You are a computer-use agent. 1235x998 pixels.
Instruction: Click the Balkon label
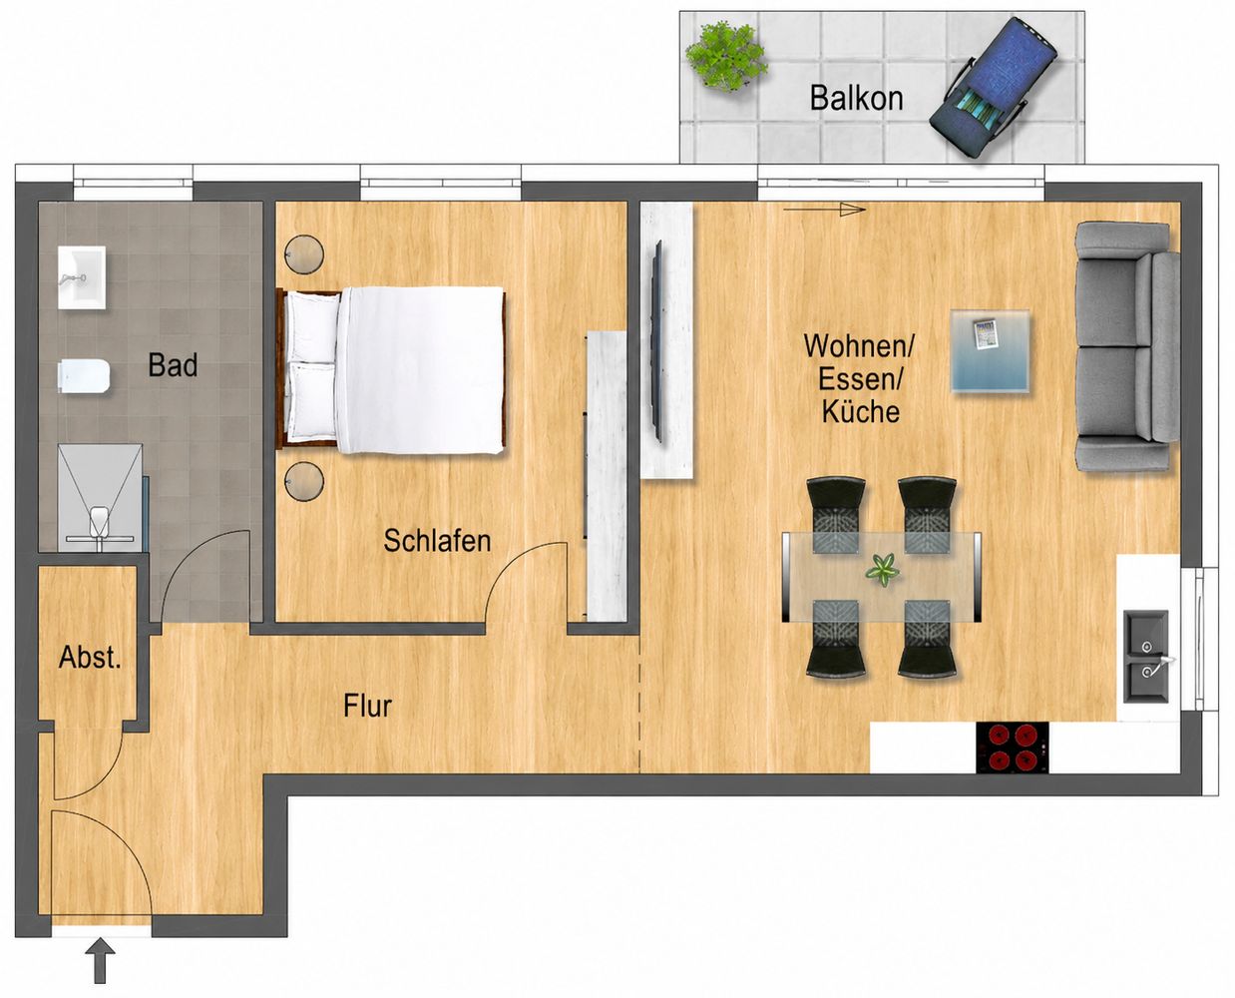856,98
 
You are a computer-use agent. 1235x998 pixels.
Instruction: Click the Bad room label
173,364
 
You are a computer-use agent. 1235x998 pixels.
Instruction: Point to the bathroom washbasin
82,277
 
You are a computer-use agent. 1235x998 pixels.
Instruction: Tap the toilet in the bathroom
85,376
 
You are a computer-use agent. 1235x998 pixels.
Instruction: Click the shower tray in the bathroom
101,498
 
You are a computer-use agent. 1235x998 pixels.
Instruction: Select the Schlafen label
437,541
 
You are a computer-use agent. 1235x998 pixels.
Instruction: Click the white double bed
394,370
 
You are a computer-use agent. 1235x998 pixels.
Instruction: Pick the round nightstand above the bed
304,253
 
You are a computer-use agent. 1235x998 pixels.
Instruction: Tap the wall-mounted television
658,341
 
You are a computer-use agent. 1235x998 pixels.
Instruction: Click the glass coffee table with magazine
991,351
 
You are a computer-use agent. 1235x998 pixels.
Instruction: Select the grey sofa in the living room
1127,346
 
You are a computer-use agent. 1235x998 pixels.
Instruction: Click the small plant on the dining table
883,570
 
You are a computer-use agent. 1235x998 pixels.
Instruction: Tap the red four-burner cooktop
1013,748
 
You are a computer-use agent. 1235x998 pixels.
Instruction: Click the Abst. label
90,658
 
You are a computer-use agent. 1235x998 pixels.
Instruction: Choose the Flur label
367,706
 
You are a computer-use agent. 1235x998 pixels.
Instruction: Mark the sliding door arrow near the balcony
824,210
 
